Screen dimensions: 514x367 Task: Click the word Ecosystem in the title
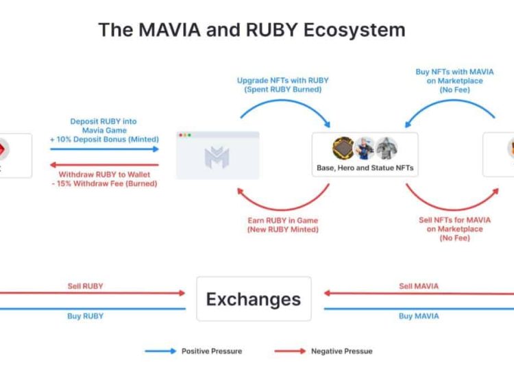(354, 30)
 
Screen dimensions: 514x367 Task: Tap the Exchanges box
(254, 299)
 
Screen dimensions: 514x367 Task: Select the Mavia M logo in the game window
(217, 157)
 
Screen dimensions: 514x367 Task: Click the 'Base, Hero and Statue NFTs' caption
(365, 168)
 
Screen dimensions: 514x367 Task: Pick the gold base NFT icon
(343, 148)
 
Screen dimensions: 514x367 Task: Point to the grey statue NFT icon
(387, 148)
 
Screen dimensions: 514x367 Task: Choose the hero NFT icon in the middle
(365, 149)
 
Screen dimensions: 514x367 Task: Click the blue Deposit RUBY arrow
(104, 149)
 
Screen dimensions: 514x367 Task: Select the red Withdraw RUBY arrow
(104, 165)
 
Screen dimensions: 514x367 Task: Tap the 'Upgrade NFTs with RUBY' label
(282, 81)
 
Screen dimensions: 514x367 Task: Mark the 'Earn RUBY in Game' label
(282, 220)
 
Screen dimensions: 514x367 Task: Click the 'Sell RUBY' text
(85, 286)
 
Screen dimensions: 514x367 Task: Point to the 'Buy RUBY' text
(85, 316)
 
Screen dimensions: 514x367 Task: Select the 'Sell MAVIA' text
(419, 286)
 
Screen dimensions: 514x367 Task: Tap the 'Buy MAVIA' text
(419, 316)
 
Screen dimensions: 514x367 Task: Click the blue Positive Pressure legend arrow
(160, 351)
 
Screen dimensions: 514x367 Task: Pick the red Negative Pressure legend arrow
(290, 351)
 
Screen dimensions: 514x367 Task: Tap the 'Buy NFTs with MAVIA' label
(454, 72)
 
